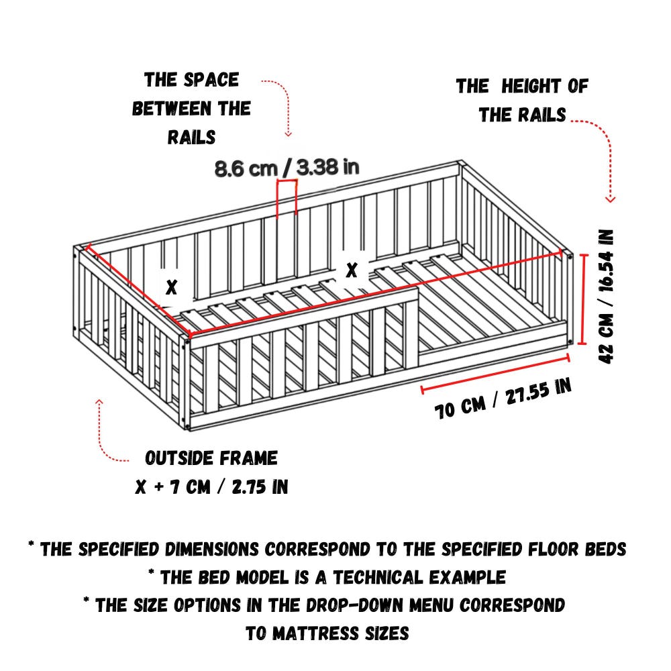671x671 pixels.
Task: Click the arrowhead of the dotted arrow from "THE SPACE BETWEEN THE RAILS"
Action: point(288,134)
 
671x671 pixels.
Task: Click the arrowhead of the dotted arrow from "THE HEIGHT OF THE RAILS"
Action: point(610,199)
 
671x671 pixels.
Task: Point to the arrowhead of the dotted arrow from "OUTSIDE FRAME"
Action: point(99,401)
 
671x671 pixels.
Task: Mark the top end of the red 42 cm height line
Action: point(582,254)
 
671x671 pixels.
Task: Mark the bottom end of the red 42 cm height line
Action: point(582,343)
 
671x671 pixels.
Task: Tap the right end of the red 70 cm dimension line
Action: point(569,358)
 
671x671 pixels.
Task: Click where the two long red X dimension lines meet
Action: point(190,334)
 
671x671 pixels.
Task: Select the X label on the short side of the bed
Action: point(172,287)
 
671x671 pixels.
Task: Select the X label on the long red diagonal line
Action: point(352,270)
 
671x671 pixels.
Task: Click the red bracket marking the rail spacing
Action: point(287,198)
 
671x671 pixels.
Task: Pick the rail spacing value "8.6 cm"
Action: point(246,168)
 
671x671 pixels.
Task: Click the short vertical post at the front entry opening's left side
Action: point(412,328)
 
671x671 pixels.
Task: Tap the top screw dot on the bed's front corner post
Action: point(187,342)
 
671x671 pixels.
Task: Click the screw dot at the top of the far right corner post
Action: point(570,257)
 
